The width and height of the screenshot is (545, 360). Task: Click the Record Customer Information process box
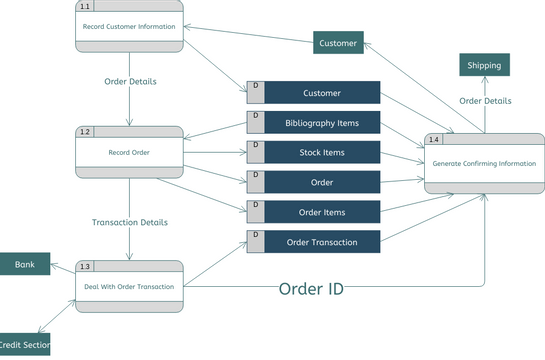(130, 26)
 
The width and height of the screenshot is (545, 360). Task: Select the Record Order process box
(130, 152)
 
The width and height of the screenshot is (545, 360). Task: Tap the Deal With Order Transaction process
(130, 286)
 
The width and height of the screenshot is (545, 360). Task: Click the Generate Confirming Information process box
(484, 163)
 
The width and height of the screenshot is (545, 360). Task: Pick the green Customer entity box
(338, 42)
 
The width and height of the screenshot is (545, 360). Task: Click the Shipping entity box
(485, 65)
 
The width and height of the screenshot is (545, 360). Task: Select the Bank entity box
(25, 265)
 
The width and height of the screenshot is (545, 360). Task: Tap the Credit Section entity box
(24, 344)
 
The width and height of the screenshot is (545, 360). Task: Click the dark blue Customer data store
(322, 93)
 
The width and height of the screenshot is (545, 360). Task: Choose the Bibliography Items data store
(322, 123)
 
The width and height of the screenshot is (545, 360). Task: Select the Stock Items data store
(322, 153)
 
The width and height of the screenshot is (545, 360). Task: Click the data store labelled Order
(322, 183)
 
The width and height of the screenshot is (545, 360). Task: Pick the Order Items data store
(322, 212)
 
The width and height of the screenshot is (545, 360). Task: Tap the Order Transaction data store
(322, 242)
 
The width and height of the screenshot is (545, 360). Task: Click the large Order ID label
(310, 289)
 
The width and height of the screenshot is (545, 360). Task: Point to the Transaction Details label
(130, 222)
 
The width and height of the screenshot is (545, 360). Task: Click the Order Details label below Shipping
(485, 101)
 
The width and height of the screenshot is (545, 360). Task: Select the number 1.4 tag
(433, 138)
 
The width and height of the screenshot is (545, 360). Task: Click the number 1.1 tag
(85, 6)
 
